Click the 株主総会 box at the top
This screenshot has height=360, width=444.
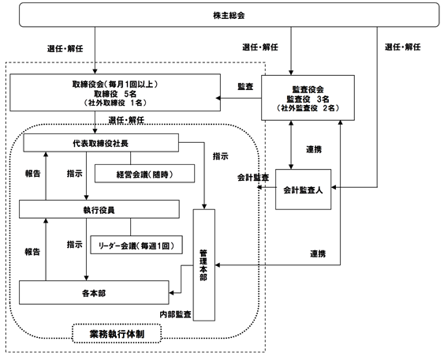(x=229, y=15)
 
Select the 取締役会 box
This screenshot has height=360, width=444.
(x=115, y=92)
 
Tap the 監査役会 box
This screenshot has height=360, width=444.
(x=308, y=98)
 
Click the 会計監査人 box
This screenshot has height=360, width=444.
(x=304, y=189)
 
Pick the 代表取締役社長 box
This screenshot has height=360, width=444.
(x=101, y=143)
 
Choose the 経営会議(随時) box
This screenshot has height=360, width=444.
(x=144, y=174)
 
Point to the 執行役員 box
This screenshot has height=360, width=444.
(x=99, y=209)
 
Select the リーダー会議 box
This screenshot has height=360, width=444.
(x=136, y=245)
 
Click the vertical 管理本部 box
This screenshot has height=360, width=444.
(x=204, y=265)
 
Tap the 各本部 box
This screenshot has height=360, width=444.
(x=94, y=293)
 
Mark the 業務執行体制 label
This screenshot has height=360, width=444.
(x=117, y=334)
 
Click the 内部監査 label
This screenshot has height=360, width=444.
(x=175, y=314)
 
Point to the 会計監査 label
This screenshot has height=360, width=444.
(x=253, y=178)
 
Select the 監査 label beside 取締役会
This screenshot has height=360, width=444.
(x=245, y=87)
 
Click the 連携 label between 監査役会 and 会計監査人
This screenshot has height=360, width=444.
(x=314, y=149)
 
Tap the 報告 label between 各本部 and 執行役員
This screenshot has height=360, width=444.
(x=32, y=252)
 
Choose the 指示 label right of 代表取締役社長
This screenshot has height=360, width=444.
(x=221, y=156)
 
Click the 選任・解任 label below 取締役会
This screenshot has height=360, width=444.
(x=126, y=120)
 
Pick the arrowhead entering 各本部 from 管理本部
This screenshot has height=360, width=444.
(x=172, y=293)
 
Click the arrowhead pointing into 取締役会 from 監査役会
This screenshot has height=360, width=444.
(x=218, y=98)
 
